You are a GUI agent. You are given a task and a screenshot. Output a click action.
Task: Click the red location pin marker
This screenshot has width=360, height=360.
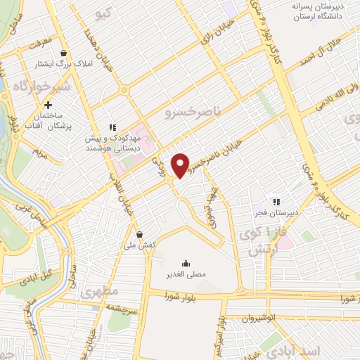tap(181, 165)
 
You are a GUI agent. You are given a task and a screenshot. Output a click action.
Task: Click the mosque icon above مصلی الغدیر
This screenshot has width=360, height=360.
tap(185, 261)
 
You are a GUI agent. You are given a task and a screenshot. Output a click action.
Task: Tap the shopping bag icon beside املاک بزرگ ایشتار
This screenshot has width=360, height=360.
tap(64, 53)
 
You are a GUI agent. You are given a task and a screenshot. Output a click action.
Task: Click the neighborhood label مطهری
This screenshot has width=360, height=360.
tap(97, 291)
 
